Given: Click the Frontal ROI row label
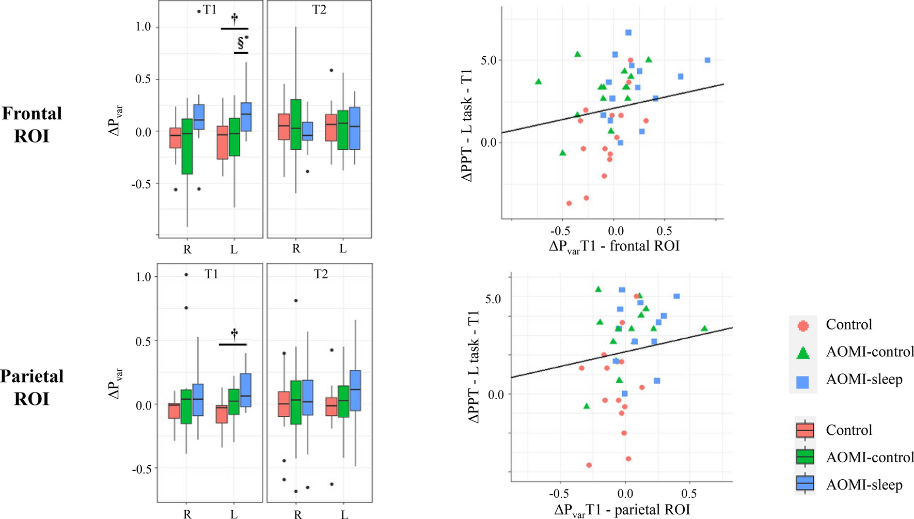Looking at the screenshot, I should pos(31,124).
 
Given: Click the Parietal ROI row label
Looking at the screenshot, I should pos(31,387).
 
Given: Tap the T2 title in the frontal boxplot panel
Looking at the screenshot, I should pos(319,10).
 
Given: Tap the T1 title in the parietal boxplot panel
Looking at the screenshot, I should pos(211,274).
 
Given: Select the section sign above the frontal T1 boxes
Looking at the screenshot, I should pos(241,43).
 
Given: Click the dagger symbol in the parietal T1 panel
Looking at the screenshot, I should pos(234,334).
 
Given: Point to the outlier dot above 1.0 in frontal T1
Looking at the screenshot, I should pos(199,11).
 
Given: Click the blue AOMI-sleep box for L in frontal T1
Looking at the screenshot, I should pos(246,117).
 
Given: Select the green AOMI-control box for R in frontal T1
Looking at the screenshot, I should pos(187,146).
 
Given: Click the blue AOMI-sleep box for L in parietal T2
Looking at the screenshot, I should pos(355,390).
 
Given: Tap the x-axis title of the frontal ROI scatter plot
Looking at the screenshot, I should pos(614,246).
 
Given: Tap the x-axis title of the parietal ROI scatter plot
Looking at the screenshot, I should pos(622,510).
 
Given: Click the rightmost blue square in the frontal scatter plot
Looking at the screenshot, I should pos(707,60).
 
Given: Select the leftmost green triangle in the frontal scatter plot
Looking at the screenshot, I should pos(538,82).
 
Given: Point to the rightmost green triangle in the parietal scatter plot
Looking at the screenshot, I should pos(704,328).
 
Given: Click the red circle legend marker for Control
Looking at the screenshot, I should pos(802,325).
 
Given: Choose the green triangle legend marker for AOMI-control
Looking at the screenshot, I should pos(802,353).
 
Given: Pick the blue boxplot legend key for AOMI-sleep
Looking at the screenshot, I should pos(805,484).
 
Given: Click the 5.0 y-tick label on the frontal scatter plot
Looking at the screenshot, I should pos(488,60).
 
